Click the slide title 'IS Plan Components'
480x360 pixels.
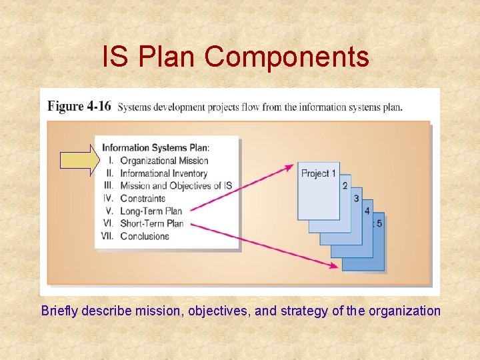pyautogui.click(x=235, y=57)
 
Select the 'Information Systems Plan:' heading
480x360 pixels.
pyautogui.click(x=155, y=148)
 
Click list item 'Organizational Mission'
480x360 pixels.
pyautogui.click(x=164, y=160)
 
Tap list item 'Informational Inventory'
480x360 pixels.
pyautogui.click(x=164, y=173)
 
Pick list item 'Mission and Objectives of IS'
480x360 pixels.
pyautogui.click(x=175, y=186)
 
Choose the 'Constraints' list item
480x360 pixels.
pyautogui.click(x=143, y=198)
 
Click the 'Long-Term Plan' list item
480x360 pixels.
pyautogui.click(x=151, y=211)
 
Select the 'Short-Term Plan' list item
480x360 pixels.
pyautogui.click(x=151, y=223)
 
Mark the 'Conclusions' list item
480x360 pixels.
pyautogui.click(x=145, y=236)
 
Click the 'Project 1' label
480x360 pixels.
pyautogui.click(x=319, y=173)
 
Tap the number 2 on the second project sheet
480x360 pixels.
pyautogui.click(x=345, y=186)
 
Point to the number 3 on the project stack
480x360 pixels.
pyautogui.click(x=356, y=199)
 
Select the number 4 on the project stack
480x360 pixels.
pyautogui.click(x=367, y=211)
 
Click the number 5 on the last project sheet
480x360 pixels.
pyautogui.click(x=379, y=223)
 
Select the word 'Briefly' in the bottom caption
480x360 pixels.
pyautogui.click(x=60, y=311)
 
